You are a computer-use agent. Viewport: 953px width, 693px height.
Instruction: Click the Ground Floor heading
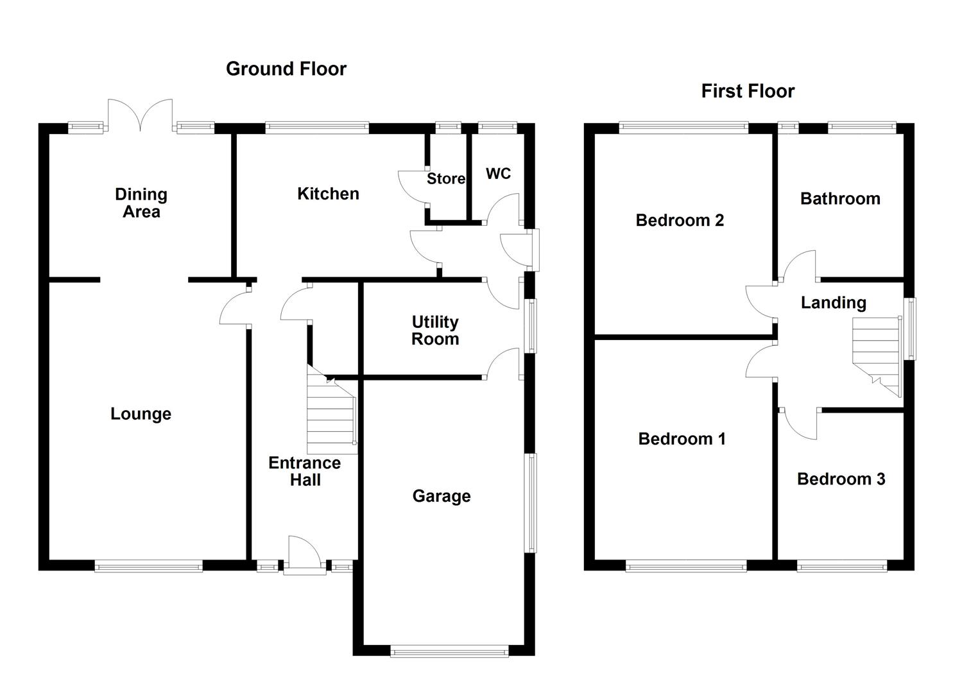pyautogui.click(x=286, y=69)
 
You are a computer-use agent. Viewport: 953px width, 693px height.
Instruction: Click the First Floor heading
pyautogui.click(x=747, y=91)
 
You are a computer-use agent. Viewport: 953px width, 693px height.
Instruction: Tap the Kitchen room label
pyautogui.click(x=328, y=194)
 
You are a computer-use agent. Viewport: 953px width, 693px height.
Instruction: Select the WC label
pyautogui.click(x=498, y=174)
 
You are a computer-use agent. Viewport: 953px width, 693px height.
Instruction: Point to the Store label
pyautogui.click(x=446, y=179)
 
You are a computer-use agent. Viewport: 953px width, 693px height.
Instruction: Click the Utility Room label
pyautogui.click(x=435, y=330)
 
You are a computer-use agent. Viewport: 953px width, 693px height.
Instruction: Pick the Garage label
pyautogui.click(x=442, y=496)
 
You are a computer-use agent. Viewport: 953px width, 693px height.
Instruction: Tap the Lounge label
pyautogui.click(x=141, y=414)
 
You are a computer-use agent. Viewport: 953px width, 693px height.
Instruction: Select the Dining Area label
pyautogui.click(x=141, y=203)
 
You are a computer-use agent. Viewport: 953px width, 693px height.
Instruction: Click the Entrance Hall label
pyautogui.click(x=304, y=471)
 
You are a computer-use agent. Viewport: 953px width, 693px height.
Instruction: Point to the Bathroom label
pyautogui.click(x=840, y=199)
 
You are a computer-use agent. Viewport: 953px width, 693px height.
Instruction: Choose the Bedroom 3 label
pyautogui.click(x=841, y=479)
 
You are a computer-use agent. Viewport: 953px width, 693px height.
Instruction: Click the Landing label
pyautogui.click(x=833, y=302)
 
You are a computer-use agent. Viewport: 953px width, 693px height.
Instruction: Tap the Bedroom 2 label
pyautogui.click(x=680, y=221)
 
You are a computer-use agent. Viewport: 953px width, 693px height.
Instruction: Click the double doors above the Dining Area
pyautogui.click(x=141, y=116)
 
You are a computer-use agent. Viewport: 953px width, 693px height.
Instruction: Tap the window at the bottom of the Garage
pyautogui.click(x=449, y=652)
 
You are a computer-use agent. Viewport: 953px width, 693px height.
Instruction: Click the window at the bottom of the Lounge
pyautogui.click(x=148, y=566)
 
